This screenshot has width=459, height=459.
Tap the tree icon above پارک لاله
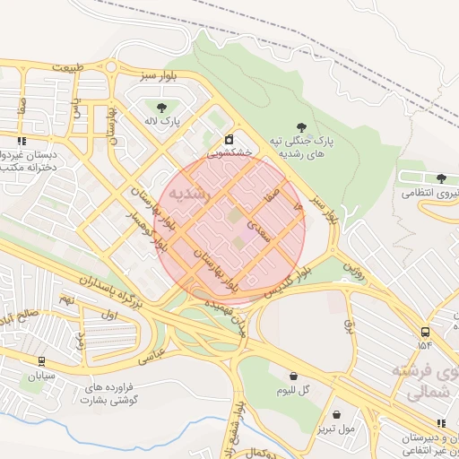161,108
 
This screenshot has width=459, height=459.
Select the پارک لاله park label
164,120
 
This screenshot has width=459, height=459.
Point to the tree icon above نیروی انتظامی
441,178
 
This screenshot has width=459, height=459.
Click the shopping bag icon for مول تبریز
336,415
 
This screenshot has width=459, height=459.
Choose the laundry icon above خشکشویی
229,140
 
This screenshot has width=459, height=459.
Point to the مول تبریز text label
335,429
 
